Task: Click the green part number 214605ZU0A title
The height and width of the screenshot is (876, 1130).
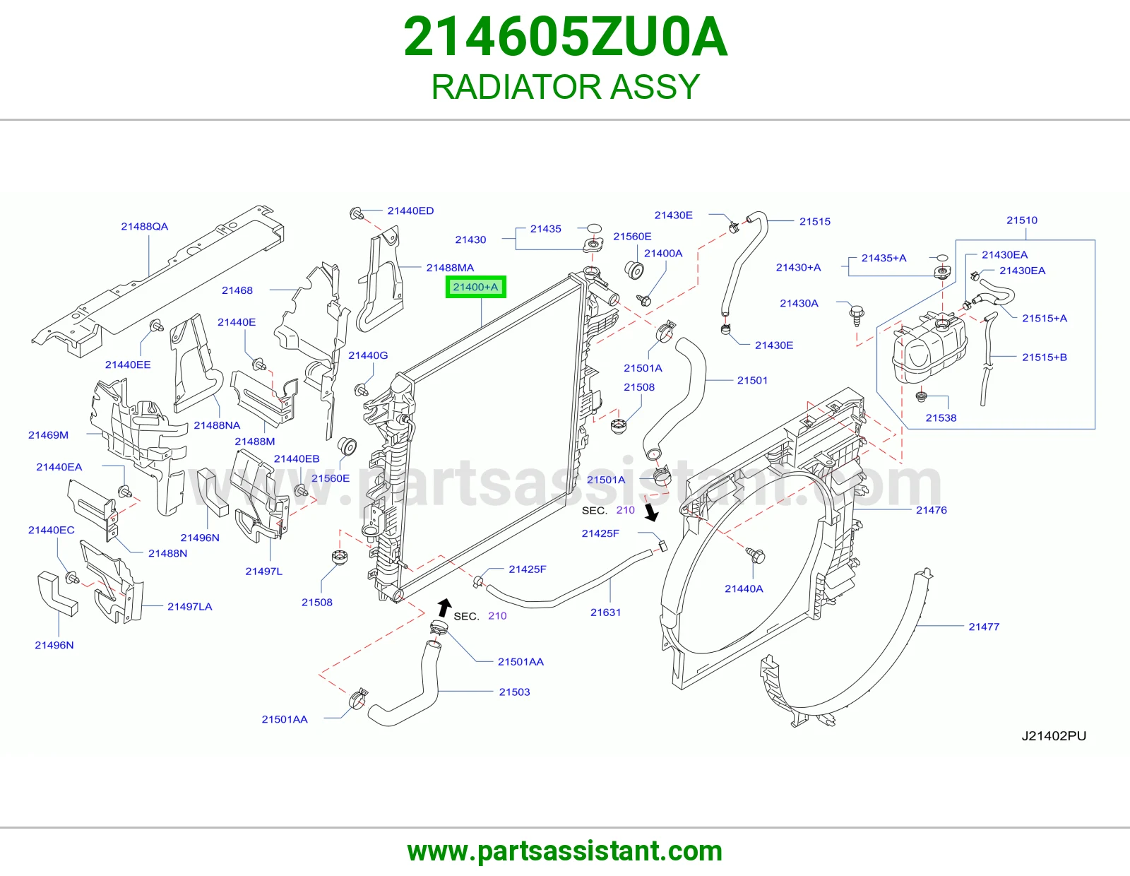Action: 565,37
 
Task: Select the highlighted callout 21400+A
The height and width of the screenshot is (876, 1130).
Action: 475,287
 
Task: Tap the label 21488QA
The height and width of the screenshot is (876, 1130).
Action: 145,227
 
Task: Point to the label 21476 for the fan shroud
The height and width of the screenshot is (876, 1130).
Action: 931,510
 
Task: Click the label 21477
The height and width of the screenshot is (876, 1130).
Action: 983,627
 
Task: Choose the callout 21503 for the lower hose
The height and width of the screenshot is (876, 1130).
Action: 514,692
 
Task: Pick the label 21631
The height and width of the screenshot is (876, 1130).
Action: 605,612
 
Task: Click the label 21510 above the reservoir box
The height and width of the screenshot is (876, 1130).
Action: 1022,220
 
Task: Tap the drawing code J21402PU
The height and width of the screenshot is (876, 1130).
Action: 1054,736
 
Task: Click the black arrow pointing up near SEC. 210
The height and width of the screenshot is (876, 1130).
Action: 444,607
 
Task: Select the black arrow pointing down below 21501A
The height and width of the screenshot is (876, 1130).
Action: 650,512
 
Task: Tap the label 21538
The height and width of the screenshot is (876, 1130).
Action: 941,418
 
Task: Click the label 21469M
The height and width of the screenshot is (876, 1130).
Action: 48,435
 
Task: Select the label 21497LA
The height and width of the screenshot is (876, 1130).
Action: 189,607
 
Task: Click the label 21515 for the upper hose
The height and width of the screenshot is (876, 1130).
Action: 815,222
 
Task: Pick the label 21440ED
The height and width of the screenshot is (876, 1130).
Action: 410,211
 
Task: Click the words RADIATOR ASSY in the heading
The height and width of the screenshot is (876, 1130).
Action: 565,87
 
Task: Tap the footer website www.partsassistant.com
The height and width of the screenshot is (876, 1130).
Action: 565,851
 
